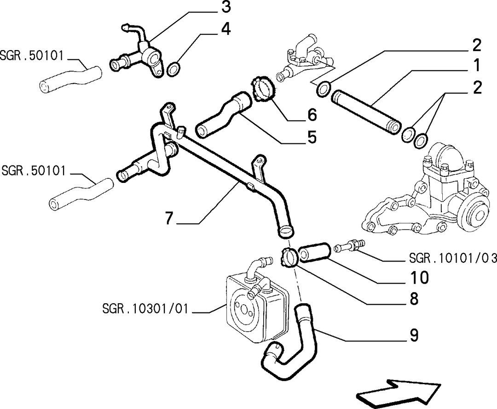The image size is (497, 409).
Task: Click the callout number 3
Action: pos(225,7)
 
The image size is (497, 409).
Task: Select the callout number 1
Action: pos(476,66)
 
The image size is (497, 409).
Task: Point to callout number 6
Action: pos(312,114)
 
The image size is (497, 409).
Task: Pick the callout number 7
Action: pos(169,218)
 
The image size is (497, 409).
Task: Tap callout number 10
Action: pos(419,277)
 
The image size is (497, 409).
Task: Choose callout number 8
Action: pos(414,298)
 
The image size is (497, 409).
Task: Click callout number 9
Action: pos(414,335)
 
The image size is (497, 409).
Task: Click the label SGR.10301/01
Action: pos(145,308)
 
